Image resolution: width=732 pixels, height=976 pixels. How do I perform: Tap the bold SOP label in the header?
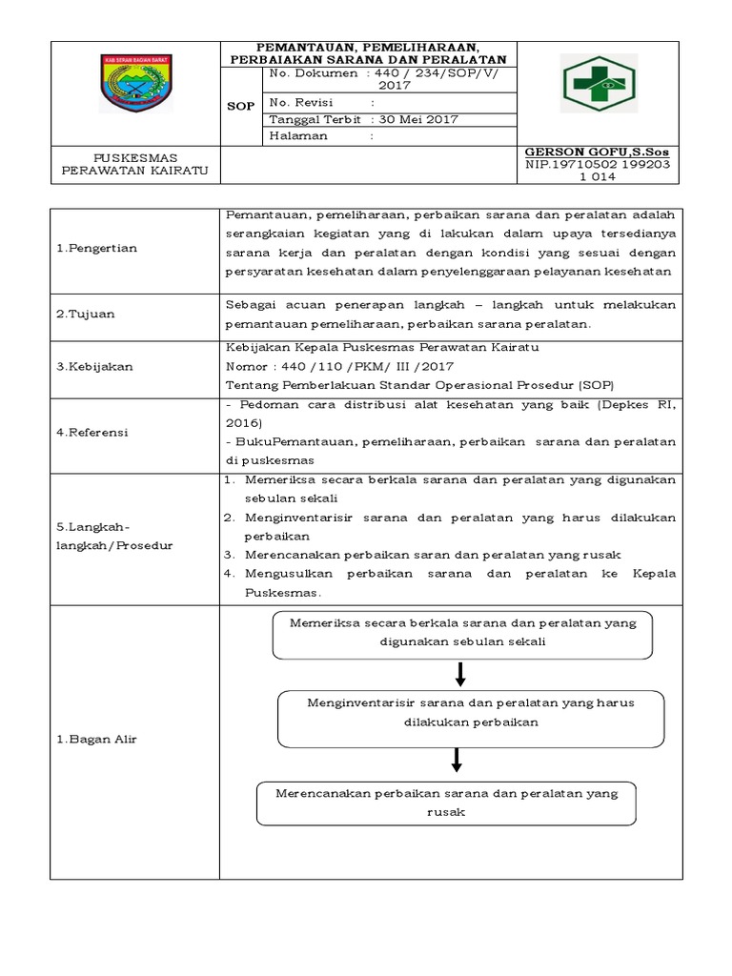pyautogui.click(x=241, y=106)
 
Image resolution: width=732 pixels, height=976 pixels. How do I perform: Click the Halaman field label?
pyautogui.click(x=299, y=135)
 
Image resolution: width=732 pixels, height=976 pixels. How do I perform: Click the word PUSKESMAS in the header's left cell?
pyautogui.click(x=135, y=157)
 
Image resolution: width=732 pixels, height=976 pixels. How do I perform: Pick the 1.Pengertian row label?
pyautogui.click(x=97, y=248)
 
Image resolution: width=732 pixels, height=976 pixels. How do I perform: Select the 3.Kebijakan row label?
pyautogui.click(x=94, y=366)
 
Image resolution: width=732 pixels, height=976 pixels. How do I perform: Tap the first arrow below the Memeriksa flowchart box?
pyautogui.click(x=461, y=675)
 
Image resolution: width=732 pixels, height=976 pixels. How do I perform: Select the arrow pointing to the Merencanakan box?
pyautogui.click(x=457, y=760)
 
